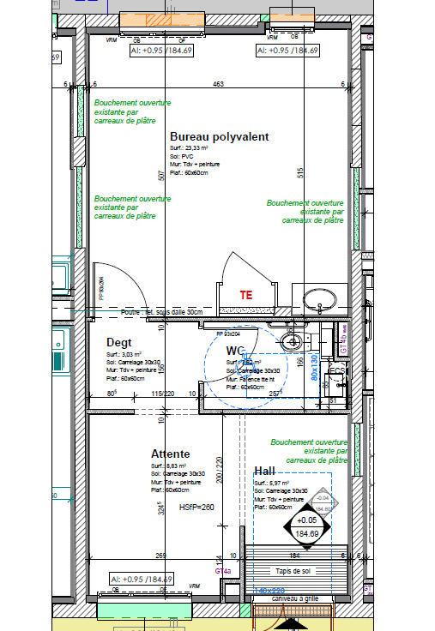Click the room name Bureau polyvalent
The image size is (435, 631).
point(219,137)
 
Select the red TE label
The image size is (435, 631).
point(246,294)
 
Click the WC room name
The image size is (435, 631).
point(235,351)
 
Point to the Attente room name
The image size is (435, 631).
point(170,454)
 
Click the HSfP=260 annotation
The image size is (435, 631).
point(198,508)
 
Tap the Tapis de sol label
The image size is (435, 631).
point(294,571)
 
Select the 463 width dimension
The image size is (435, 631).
point(219,84)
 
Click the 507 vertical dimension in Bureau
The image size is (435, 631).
point(160,176)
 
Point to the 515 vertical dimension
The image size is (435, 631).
point(299,172)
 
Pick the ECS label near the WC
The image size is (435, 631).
point(337,371)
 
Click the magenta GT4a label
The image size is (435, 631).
point(222,570)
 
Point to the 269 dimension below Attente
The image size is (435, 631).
point(160,556)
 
